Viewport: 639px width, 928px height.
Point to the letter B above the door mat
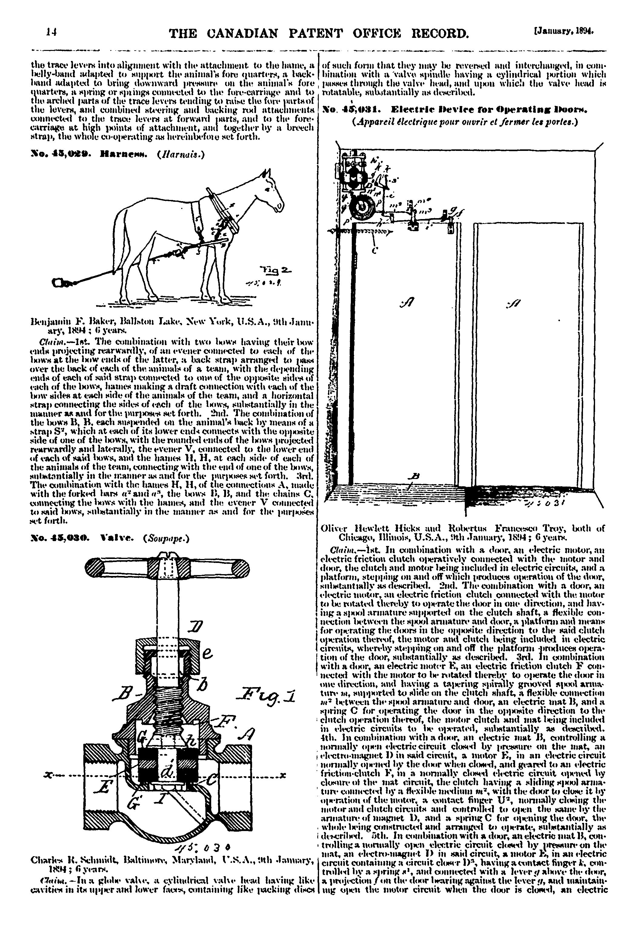tap(415, 476)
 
